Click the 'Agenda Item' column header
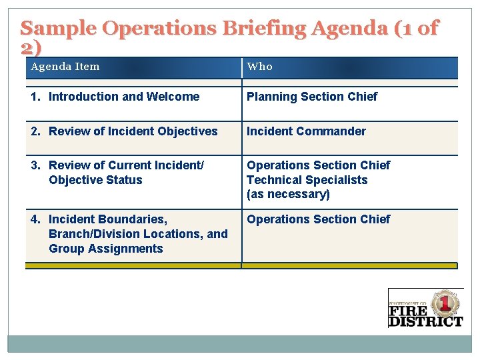coord(65,67)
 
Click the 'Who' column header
coord(260,67)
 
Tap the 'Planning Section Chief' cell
coord(312,97)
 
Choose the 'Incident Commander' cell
coord(306,131)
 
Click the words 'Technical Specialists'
coord(307,180)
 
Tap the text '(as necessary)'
coord(288,195)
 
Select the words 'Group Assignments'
coord(106,249)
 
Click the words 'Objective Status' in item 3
coord(95,180)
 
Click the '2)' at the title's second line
coord(31,47)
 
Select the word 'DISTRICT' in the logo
coord(425,321)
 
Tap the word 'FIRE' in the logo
coord(409,311)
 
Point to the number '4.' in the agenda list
coord(35,219)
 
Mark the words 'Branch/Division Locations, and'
coord(138,234)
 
